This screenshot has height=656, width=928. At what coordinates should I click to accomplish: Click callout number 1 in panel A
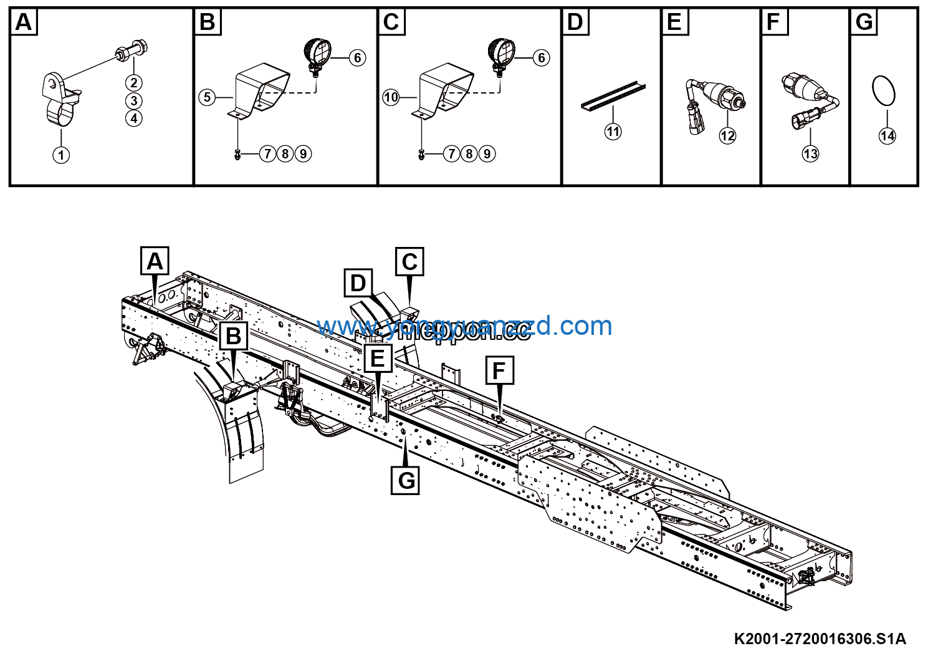click(61, 155)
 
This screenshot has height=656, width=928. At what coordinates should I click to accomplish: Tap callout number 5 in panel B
click(207, 97)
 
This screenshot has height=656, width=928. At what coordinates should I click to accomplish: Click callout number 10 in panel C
click(391, 97)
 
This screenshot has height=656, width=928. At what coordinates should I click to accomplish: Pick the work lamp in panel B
click(317, 52)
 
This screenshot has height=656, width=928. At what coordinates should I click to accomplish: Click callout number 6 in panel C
click(541, 58)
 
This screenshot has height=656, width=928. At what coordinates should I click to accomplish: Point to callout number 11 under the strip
click(613, 131)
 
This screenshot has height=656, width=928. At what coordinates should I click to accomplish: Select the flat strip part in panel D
click(614, 97)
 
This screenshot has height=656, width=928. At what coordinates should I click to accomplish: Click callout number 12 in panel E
click(727, 135)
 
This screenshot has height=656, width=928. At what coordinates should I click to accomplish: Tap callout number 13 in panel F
click(810, 153)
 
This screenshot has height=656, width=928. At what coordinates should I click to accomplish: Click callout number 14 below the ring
click(887, 135)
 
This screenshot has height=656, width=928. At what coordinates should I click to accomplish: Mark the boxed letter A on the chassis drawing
click(155, 261)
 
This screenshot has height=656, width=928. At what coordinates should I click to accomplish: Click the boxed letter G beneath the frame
click(406, 480)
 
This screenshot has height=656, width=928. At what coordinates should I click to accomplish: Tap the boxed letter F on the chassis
click(499, 370)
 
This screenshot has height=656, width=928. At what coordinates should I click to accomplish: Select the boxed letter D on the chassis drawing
click(358, 284)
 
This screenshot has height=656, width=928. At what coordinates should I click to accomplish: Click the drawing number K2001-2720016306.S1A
click(820, 639)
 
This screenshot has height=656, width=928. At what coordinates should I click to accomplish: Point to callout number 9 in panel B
click(303, 153)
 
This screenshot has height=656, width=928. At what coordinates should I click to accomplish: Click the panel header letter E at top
click(674, 22)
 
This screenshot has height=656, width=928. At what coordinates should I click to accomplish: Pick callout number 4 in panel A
click(134, 118)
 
